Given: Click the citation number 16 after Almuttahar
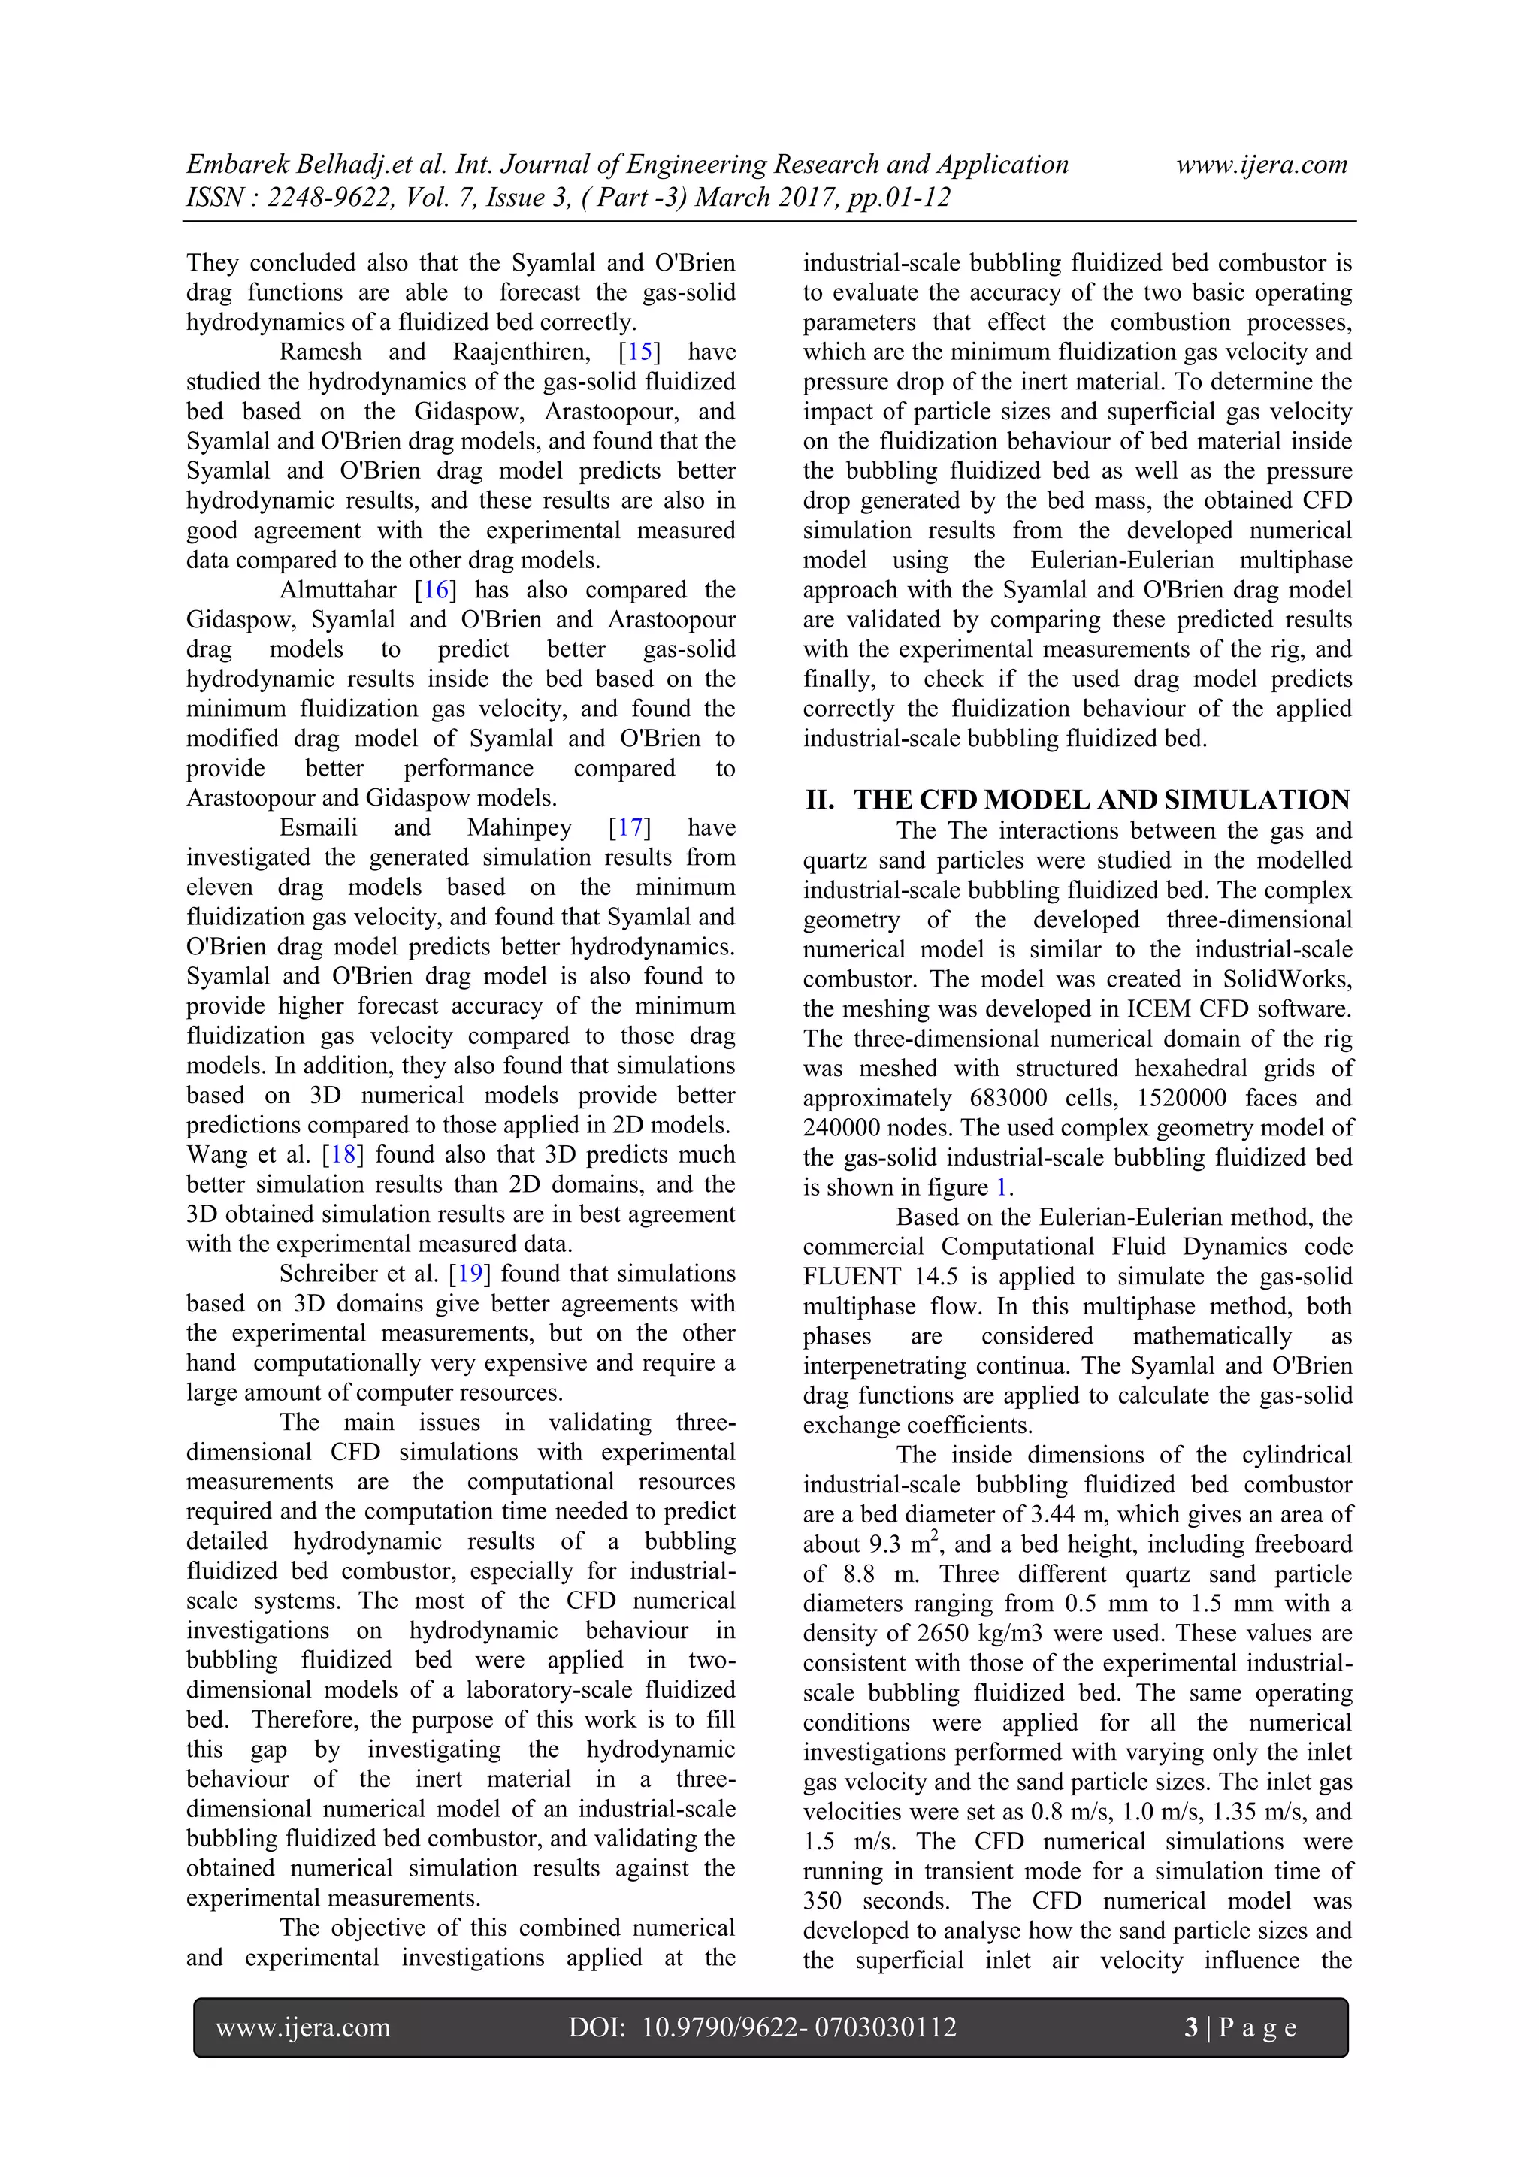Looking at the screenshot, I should pyautogui.click(x=436, y=590).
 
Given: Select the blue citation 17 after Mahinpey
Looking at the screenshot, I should pyautogui.click(x=630, y=828).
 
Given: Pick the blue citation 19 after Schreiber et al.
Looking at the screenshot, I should pyautogui.click(x=470, y=1274).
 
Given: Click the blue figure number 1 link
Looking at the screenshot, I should pyautogui.click(x=1002, y=1187).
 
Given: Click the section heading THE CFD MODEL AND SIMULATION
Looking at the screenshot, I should pyautogui.click(x=1101, y=800).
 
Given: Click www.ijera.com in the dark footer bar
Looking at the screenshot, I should pyautogui.click(x=304, y=2027).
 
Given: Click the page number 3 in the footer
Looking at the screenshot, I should pyautogui.click(x=1191, y=2027).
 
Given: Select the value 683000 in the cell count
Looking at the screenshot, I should pyautogui.click(x=1008, y=1098).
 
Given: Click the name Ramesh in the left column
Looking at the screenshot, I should pyautogui.click(x=321, y=352).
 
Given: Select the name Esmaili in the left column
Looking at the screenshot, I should pyautogui.click(x=319, y=828).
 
